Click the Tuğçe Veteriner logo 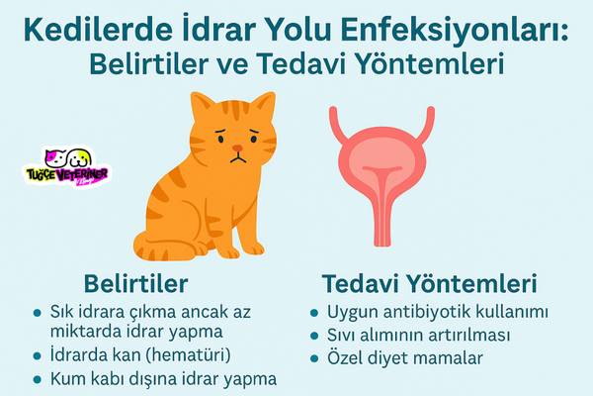[67, 167]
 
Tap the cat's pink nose [237, 148]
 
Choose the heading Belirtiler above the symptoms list [135, 283]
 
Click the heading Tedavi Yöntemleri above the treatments [429, 283]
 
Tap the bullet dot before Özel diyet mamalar [314, 358]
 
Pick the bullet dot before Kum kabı [37, 379]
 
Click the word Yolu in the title [297, 30]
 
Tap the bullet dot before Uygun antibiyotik [314, 313]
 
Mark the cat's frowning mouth [238, 158]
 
